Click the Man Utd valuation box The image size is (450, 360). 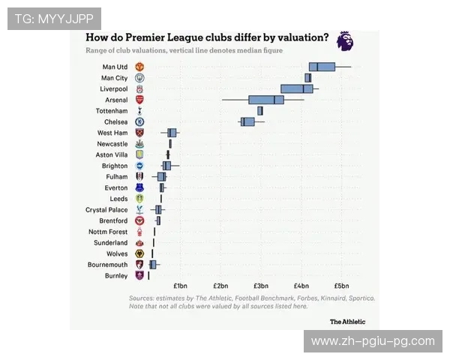click(322, 67)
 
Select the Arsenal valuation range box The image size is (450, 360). click(266, 100)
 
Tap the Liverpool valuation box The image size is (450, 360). click(297, 88)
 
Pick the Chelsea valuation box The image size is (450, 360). click(247, 121)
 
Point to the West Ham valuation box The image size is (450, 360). click(172, 133)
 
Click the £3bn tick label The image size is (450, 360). click(261, 286)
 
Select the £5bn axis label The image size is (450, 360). click(341, 286)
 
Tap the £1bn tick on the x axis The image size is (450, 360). click(180, 286)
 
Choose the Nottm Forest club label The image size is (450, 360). click(108, 232)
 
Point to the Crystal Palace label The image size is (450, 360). click(106, 210)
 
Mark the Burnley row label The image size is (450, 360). click(116, 276)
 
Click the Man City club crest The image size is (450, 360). click(139, 78)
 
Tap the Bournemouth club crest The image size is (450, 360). click(139, 265)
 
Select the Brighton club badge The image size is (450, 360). click(139, 166)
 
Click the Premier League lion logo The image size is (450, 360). click(345, 41)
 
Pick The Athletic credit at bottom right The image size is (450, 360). click(348, 321)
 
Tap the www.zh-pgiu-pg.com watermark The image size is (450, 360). click(373, 341)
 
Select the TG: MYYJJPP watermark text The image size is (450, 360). click(54, 18)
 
